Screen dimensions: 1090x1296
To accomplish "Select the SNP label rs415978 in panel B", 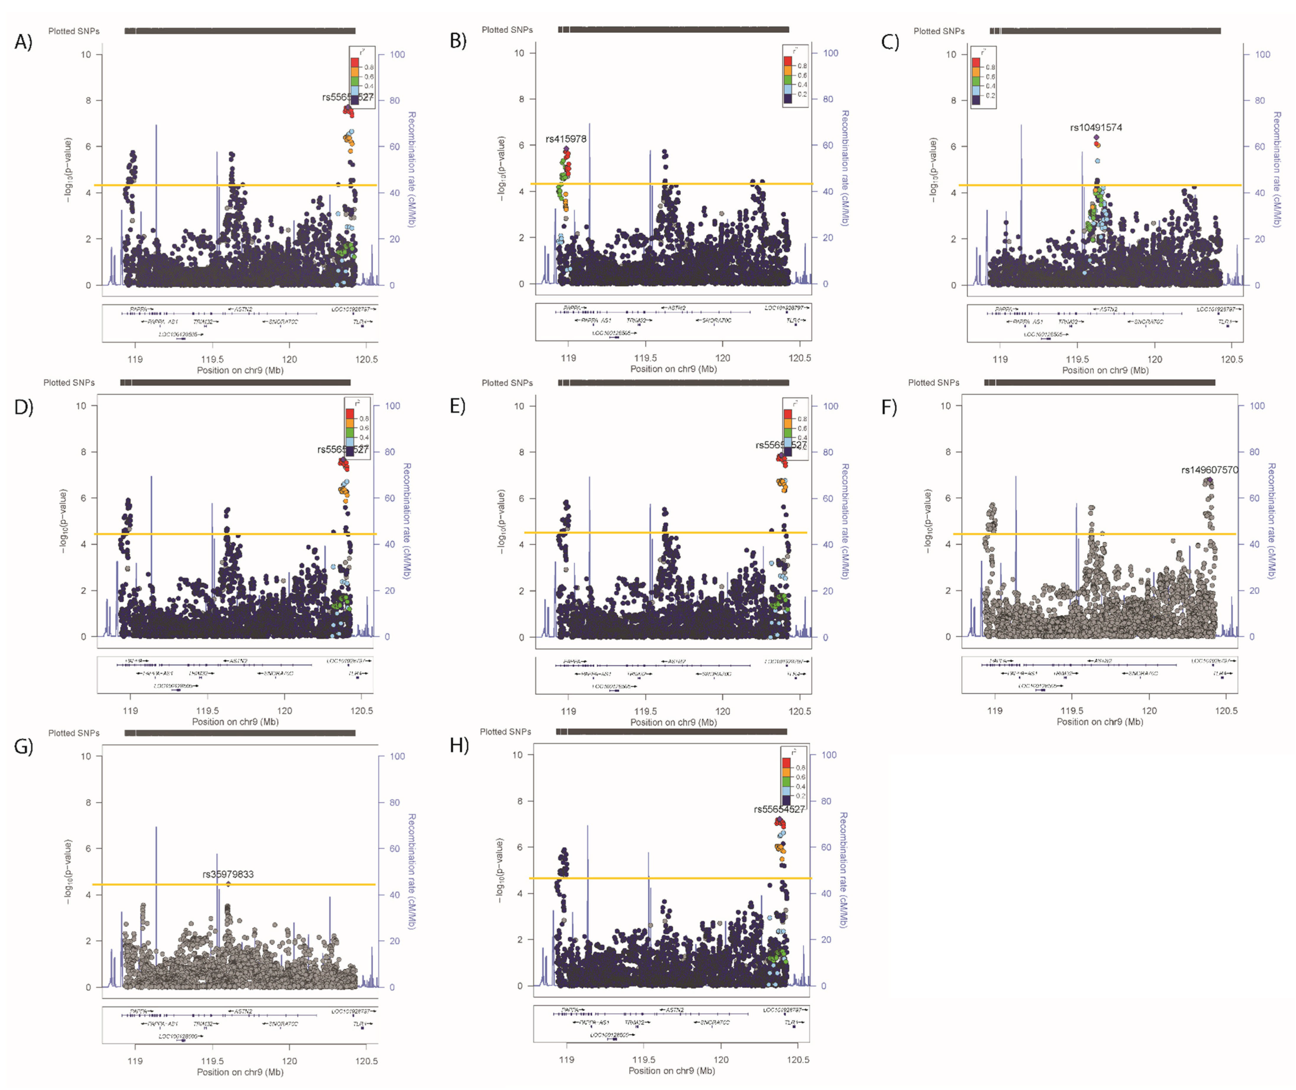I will tap(566, 139).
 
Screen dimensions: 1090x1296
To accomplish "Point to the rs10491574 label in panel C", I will tap(1096, 127).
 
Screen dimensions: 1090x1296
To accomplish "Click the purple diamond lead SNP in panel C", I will tap(1096, 137).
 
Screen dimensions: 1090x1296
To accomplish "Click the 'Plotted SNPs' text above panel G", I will tap(74, 733).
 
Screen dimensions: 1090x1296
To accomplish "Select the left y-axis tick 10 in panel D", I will tap(81, 406).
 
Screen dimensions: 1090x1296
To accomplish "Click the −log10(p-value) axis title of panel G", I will tap(68, 871).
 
